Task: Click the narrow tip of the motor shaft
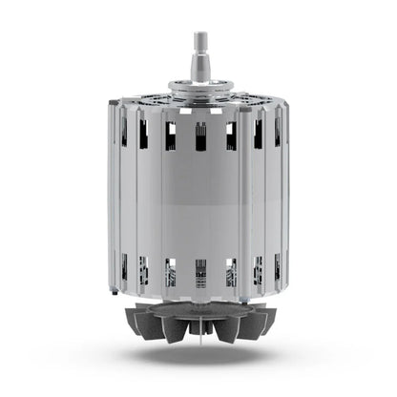200,40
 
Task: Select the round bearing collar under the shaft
200,88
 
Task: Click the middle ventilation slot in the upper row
200,136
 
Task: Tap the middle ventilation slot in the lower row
200,272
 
